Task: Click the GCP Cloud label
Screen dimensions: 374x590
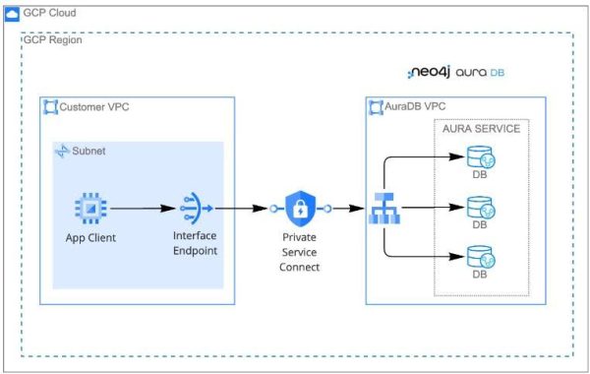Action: tap(48, 14)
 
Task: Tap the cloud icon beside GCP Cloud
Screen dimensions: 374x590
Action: tap(11, 14)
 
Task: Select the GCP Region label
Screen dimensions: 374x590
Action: tap(53, 40)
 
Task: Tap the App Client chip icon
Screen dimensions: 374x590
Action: tap(90, 209)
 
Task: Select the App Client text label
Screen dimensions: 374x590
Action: tap(90, 239)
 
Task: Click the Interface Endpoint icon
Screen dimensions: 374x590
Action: tap(193, 209)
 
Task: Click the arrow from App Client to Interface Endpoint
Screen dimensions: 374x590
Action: tap(142, 209)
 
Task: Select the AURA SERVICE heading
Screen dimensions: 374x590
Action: tap(482, 128)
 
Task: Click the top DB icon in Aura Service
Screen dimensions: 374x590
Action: tap(480, 157)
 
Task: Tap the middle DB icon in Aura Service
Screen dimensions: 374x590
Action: tap(480, 208)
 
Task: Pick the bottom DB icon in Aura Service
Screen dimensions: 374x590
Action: tap(480, 258)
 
